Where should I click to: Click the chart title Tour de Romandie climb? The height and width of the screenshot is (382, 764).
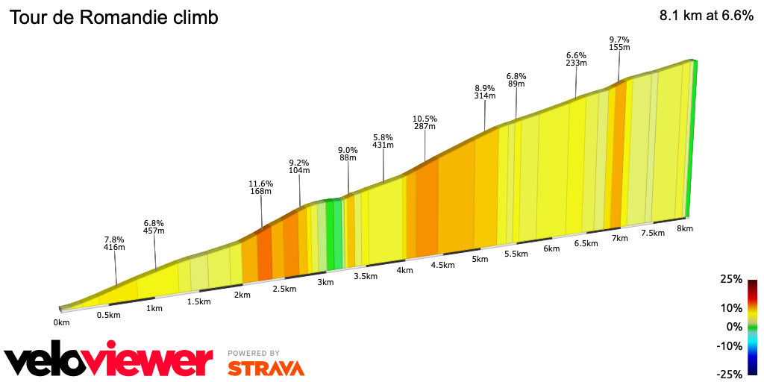click(x=113, y=18)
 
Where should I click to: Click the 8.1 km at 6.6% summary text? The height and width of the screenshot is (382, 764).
click(x=706, y=16)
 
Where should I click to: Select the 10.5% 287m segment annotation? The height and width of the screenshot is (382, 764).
click(x=425, y=123)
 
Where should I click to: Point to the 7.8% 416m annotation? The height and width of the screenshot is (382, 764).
click(x=114, y=242)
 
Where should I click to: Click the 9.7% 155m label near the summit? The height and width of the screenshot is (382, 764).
click(x=619, y=43)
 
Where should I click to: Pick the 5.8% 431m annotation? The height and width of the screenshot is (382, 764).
click(x=383, y=142)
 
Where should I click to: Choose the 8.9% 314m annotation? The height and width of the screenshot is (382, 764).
click(x=485, y=92)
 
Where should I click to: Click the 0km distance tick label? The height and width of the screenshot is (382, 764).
click(x=61, y=322)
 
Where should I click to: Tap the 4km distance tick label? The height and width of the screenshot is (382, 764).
click(x=405, y=270)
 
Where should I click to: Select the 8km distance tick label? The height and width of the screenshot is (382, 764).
click(x=685, y=228)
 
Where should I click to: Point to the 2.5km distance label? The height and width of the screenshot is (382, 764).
click(x=284, y=289)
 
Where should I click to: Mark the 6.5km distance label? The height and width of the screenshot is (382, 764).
click(x=586, y=243)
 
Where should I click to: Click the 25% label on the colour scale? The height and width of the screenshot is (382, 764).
click(x=731, y=279)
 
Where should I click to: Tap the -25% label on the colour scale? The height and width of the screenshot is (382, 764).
click(x=730, y=374)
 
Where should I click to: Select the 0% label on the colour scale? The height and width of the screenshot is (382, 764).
click(x=734, y=327)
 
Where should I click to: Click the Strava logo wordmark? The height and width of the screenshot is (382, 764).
click(x=266, y=368)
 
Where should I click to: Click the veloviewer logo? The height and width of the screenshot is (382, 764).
click(x=109, y=361)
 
